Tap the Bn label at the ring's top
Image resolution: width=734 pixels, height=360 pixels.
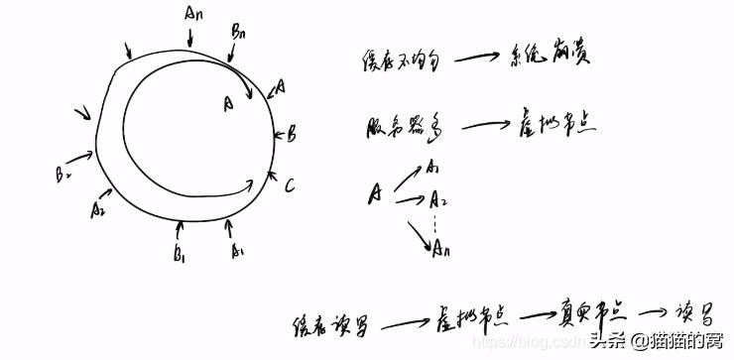[239, 33]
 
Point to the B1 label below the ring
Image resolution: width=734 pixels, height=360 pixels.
[179, 256]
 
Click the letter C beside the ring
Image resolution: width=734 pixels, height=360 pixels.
[289, 185]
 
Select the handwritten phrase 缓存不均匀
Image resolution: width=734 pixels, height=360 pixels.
[395, 62]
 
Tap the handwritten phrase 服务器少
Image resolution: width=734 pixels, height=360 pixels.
[399, 128]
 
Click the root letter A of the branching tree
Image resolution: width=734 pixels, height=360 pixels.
[376, 192]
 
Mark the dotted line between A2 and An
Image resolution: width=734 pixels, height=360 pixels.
[434, 226]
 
